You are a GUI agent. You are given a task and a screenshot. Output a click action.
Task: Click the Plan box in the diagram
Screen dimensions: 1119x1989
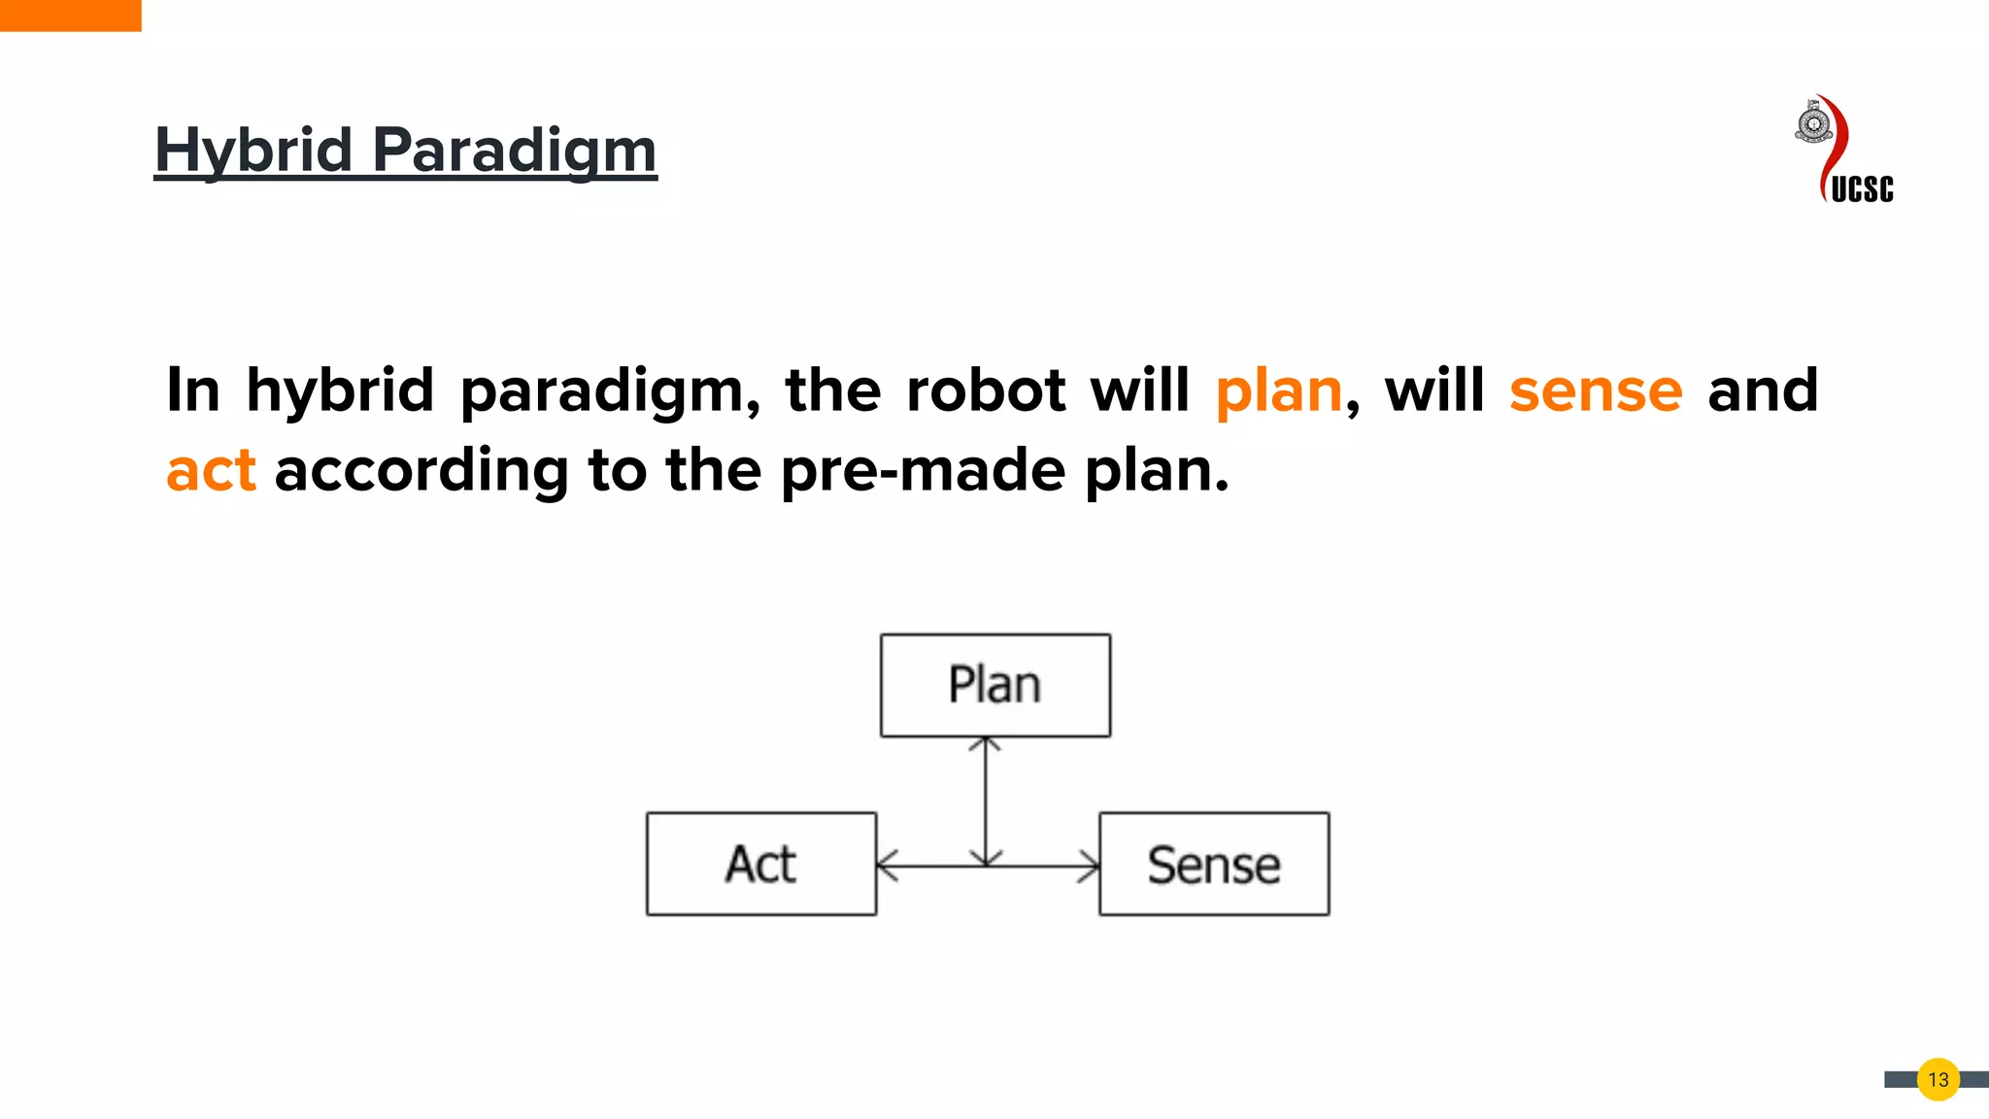point(995,686)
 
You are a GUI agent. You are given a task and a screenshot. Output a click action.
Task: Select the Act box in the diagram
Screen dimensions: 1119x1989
point(761,864)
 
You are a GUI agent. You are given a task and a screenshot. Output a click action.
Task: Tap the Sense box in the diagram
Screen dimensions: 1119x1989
point(1214,864)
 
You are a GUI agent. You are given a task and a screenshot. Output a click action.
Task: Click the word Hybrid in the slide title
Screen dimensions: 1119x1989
point(253,151)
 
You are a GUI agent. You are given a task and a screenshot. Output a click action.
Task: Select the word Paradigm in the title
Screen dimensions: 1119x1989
point(515,151)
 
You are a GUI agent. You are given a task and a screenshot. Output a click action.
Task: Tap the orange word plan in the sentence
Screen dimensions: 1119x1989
point(1278,390)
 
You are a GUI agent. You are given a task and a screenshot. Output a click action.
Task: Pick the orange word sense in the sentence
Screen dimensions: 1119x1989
point(1595,390)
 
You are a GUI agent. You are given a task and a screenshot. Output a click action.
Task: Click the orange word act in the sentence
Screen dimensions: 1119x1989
point(211,471)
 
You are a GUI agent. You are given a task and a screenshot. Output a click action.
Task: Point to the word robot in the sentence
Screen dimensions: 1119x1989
point(986,390)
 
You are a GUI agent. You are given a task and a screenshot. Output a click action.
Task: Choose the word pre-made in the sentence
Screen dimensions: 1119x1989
point(923,471)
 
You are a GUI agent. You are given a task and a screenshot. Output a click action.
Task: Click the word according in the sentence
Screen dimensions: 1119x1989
point(421,471)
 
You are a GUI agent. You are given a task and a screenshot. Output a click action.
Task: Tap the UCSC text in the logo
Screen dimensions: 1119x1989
point(1862,188)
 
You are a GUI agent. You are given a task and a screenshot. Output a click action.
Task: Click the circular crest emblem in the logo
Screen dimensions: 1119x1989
point(1813,124)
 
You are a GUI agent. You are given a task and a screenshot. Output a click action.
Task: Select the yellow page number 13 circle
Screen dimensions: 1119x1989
point(1938,1079)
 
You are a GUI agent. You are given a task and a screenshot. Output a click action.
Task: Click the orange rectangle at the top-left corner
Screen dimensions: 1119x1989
point(70,16)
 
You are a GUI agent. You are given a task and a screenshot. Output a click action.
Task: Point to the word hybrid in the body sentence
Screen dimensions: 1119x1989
point(340,390)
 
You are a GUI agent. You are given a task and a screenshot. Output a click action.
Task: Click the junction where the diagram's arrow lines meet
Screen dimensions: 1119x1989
point(986,865)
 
